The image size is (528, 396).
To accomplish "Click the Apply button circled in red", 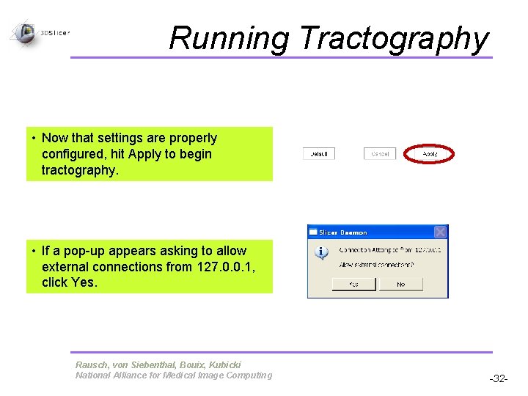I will [430, 154].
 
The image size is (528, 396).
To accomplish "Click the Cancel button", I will [380, 154].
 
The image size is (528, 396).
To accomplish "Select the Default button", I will [319, 154].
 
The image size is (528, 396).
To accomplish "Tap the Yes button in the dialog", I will [353, 284].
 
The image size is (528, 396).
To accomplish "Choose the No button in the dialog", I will [400, 284].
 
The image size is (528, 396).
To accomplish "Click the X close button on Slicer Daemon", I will [440, 232].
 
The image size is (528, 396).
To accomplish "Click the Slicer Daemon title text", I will [343, 232].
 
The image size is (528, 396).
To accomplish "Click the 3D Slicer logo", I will [26, 32].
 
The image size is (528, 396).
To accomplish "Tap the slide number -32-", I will [499, 378].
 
